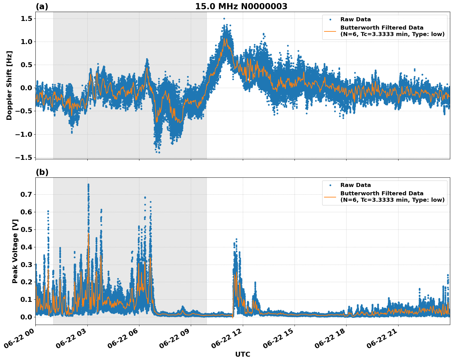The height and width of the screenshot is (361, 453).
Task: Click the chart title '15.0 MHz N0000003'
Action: (241, 6)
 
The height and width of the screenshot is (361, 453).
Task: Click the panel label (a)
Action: (42, 6)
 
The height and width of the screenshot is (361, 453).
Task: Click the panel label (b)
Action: (42, 172)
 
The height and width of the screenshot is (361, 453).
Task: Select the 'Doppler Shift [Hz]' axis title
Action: (9, 85)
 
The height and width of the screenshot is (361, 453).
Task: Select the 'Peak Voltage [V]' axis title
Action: (15, 251)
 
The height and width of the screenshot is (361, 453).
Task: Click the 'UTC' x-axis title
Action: (243, 354)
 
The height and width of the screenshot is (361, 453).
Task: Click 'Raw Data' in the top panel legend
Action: (355, 19)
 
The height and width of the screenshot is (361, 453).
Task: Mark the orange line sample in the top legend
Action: (330, 31)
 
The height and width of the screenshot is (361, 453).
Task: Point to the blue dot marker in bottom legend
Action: (330, 185)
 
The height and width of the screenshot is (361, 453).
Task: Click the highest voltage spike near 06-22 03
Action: (88, 185)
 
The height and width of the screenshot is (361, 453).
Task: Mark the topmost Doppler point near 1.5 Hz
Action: (224, 19)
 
